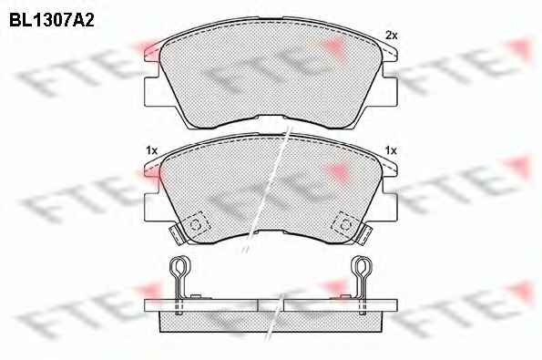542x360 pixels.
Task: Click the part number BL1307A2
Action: (x=52, y=20)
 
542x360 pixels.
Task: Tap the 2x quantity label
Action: (x=392, y=36)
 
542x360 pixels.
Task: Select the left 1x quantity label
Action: (x=151, y=150)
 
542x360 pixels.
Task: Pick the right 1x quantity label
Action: (x=391, y=150)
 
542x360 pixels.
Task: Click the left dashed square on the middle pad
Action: (x=196, y=224)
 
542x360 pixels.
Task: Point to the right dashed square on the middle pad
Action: (x=345, y=224)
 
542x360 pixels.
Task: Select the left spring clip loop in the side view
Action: (x=179, y=267)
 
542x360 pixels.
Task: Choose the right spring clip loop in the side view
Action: (x=362, y=267)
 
